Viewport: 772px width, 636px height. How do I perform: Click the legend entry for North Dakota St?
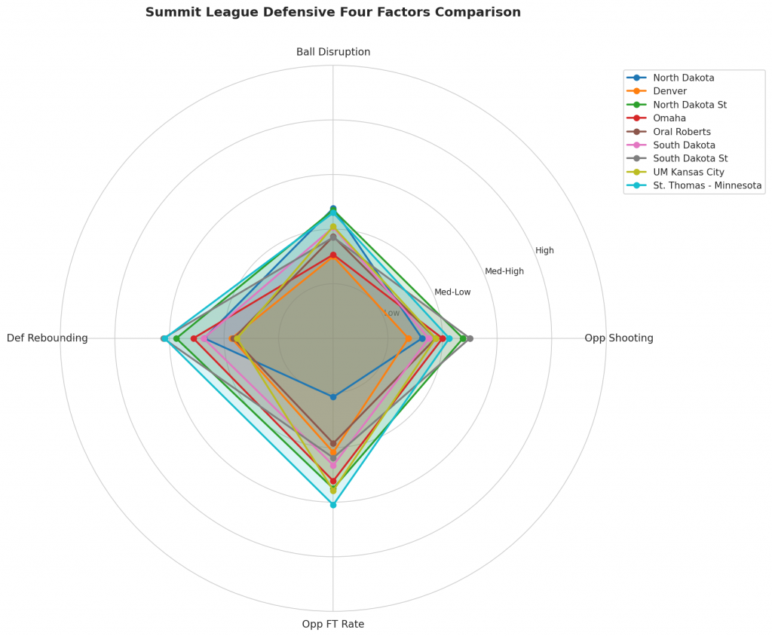[690, 105]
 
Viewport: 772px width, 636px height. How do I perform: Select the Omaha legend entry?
[669, 118]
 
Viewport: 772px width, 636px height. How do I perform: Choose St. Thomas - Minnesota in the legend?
[707, 185]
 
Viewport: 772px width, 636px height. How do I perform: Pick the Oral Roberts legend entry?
[682, 132]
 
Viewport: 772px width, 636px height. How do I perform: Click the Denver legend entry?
[669, 91]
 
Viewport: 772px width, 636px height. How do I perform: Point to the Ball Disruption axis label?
[333, 52]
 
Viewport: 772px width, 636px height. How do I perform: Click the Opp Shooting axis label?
[619, 338]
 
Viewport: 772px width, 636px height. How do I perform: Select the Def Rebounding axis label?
[47, 338]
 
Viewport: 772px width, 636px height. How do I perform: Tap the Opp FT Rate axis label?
[333, 624]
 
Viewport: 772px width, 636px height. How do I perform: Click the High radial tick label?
[544, 251]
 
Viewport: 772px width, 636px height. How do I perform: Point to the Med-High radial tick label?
[504, 271]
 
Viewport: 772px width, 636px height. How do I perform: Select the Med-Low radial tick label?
[452, 292]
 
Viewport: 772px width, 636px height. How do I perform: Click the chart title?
[333, 12]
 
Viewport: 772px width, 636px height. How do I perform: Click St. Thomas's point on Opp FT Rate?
[333, 505]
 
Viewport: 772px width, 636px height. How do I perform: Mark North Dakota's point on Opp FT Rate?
[333, 396]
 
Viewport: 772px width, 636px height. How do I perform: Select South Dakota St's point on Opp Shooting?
[470, 338]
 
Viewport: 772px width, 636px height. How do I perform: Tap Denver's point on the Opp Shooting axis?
[409, 338]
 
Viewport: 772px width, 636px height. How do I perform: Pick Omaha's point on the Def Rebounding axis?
[194, 338]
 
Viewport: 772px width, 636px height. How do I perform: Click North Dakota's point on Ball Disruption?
[333, 208]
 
